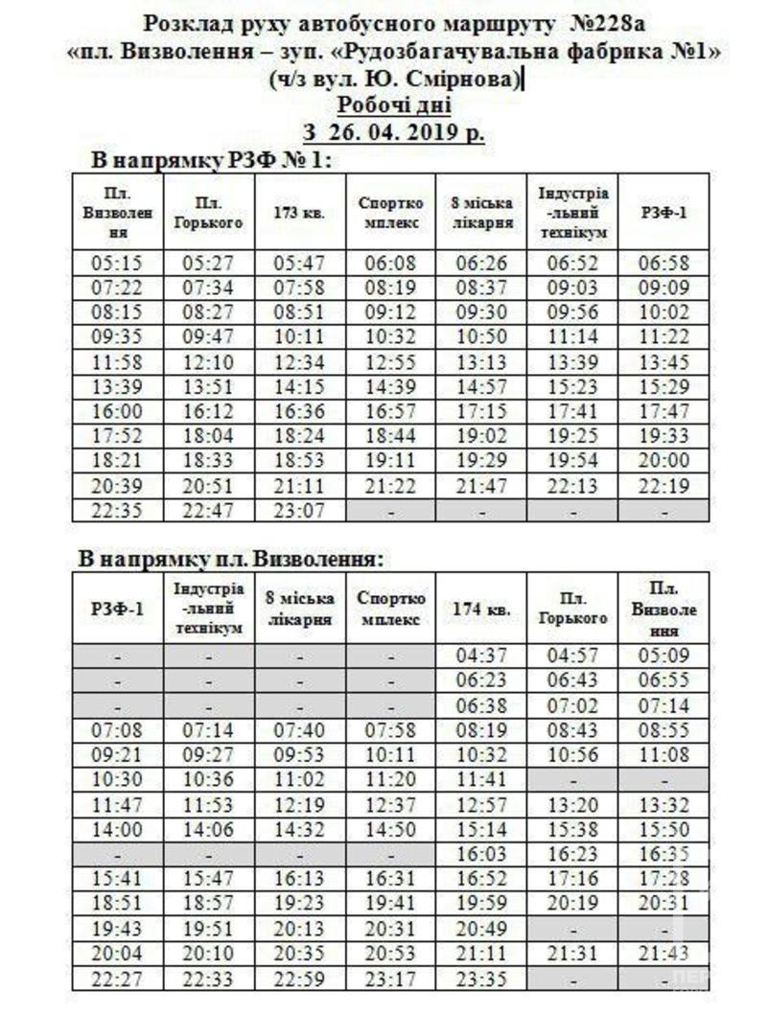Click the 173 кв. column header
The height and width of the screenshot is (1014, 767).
pos(300,213)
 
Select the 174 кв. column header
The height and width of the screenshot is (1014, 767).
pos(482,609)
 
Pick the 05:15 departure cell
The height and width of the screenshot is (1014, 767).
pos(117,263)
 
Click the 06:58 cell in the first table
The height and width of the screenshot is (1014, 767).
pos(663,263)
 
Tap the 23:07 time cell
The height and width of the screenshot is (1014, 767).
pos(300,512)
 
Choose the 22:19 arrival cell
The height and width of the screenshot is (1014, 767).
pos(663,487)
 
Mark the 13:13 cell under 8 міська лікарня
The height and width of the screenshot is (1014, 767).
pos(482,362)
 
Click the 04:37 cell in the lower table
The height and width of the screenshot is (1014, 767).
pos(482,656)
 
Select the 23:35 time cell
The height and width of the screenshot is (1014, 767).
pos(482,979)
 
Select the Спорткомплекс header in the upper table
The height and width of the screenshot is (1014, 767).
pos(390,213)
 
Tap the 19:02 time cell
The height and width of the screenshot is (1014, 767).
pos(482,437)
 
